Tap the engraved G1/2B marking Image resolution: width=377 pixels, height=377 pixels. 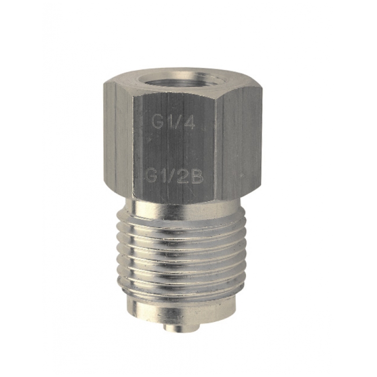[x=174, y=178]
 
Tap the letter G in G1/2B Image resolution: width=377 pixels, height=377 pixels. [x=152, y=178]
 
